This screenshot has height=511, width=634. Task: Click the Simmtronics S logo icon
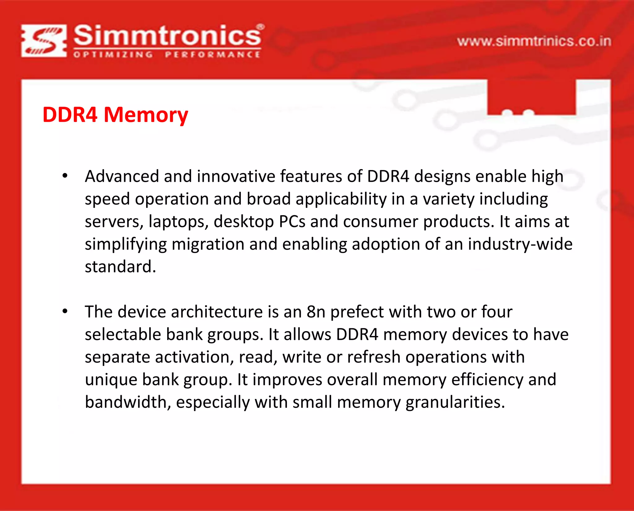tap(44, 41)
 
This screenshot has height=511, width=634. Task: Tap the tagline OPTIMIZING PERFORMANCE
tap(167, 55)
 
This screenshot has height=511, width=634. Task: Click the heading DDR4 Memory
tap(115, 115)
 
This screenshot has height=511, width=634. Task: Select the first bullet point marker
tap(65, 176)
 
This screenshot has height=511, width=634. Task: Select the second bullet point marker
tap(65, 311)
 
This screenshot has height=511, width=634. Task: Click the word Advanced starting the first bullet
tap(122, 176)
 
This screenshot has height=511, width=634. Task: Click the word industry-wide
tap(520, 244)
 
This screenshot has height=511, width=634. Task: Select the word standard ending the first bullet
tap(120, 267)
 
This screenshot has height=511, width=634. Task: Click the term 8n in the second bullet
tap(316, 312)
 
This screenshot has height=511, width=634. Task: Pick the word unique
tap(111, 380)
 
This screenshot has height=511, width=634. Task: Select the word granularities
tap(455, 402)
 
